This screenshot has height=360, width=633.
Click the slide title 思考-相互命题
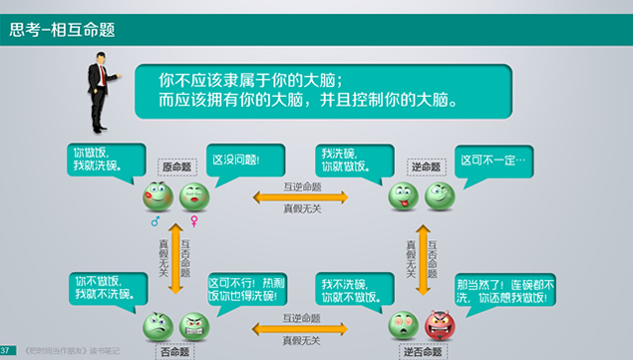(62, 30)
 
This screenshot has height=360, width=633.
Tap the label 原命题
(174, 167)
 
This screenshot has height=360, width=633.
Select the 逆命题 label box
(424, 167)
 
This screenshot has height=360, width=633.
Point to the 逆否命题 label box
(421, 349)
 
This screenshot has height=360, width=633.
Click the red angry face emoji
(440, 325)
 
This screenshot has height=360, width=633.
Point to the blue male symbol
(155, 220)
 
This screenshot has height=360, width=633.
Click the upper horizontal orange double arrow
(301, 197)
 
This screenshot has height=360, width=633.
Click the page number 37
(6, 350)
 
